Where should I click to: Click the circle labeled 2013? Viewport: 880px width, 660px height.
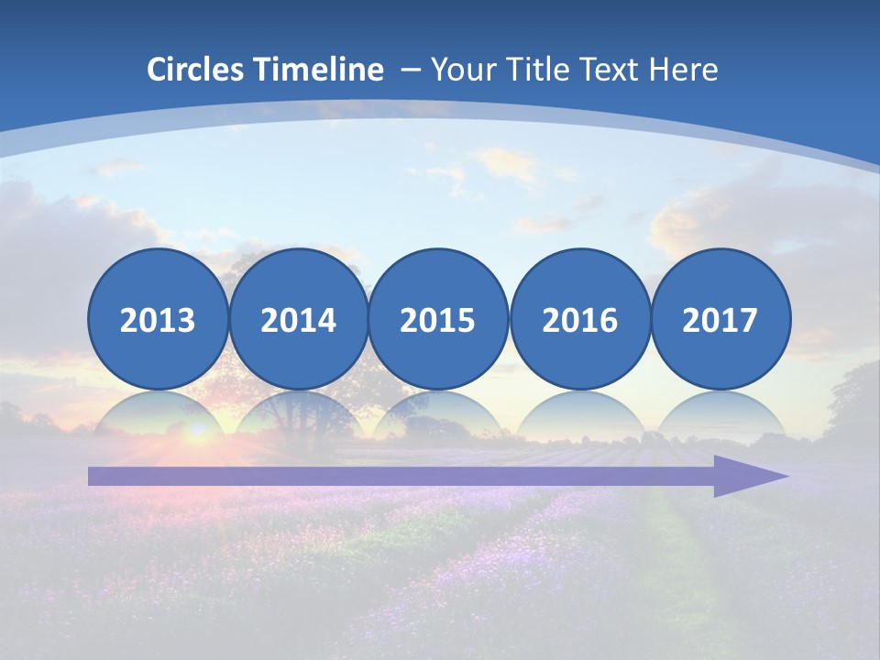pos(158,319)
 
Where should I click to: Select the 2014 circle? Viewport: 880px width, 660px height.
pos(299,319)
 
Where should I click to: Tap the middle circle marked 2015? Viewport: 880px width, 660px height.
pos(438,319)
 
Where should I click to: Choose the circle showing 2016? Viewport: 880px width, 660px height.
pos(580,319)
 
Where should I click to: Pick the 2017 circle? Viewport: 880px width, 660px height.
pos(720,319)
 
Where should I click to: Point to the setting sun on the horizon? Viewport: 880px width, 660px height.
pos(195,429)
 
